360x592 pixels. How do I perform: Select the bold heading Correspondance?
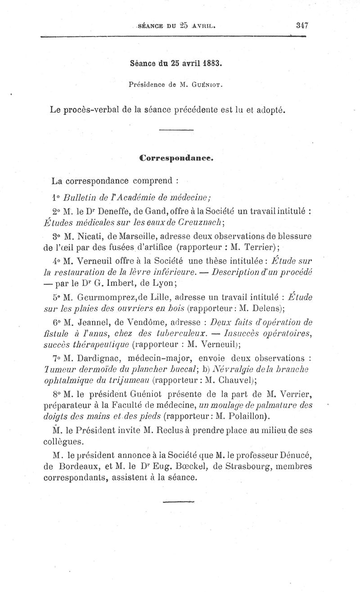click(176, 158)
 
